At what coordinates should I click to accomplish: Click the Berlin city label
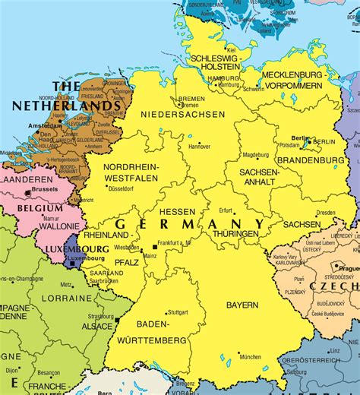click(x=300, y=138)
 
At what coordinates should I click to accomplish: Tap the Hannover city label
click(x=200, y=147)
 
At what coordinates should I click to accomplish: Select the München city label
click(x=250, y=356)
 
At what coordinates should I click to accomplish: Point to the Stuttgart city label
click(x=177, y=311)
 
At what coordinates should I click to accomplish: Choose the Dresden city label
click(x=326, y=213)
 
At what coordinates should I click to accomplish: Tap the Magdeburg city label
click(x=255, y=155)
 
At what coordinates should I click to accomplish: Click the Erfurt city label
click(x=226, y=210)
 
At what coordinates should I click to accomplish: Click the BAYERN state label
click(x=242, y=305)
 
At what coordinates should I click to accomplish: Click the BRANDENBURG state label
click(x=311, y=160)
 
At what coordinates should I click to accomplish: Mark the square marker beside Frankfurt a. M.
click(x=155, y=246)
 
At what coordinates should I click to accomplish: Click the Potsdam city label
click(x=290, y=144)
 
